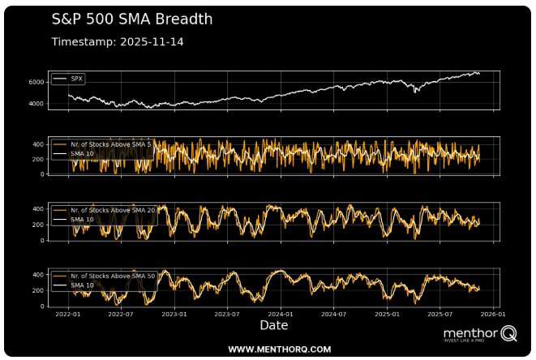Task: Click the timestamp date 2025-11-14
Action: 152,41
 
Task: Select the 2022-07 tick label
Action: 120,314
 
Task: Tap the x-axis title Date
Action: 273,326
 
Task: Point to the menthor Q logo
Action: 479,334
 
